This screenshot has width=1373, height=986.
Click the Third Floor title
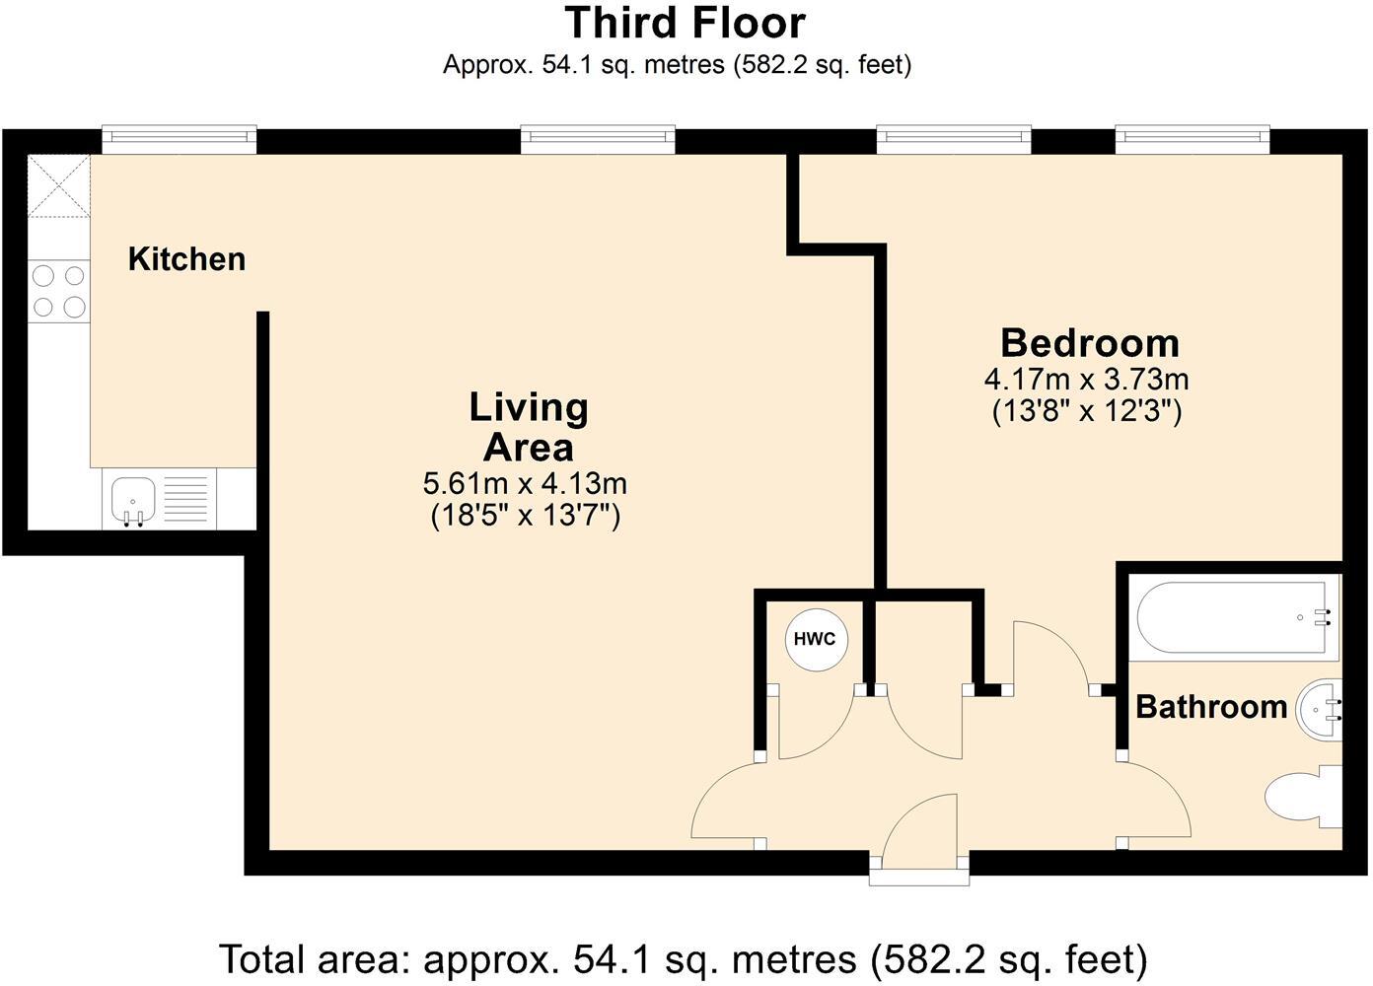[x=685, y=23]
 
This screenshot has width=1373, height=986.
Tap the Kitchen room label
[x=186, y=259]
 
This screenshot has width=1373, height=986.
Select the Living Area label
[x=529, y=427]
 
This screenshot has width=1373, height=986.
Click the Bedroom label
[x=1089, y=343]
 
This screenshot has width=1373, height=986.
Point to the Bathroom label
[x=1210, y=707]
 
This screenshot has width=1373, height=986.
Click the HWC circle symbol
[x=815, y=639]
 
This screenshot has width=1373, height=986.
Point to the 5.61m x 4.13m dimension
[x=525, y=484]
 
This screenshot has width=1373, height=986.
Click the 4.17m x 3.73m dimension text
[x=1086, y=379]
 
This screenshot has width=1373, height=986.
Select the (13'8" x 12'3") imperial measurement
[x=1086, y=410]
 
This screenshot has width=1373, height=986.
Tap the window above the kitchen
[x=179, y=139]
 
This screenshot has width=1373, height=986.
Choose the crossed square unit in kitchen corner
[x=59, y=186]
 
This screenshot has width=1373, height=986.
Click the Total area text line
[x=683, y=958]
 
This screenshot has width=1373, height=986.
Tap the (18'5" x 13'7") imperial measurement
[x=525, y=515]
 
